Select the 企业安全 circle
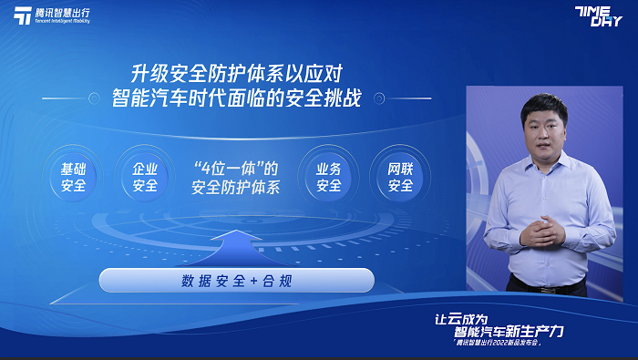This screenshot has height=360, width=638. coord(145,177)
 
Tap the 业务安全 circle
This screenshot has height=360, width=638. coord(328,177)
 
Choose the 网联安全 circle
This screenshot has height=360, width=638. coord(400,177)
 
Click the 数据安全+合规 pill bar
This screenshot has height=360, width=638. coord(236,281)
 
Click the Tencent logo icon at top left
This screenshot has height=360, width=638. coord(22,16)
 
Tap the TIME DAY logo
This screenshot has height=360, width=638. coord(600,16)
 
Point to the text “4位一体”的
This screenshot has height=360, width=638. coord(235,169)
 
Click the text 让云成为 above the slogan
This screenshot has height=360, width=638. coord(466,318)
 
